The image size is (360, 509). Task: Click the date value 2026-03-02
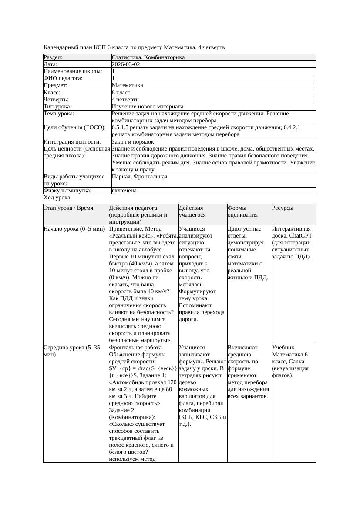pyautogui.click(x=126, y=64)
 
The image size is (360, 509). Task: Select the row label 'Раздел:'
pyautogui.click(x=53, y=57)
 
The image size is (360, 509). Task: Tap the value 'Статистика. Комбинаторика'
pyautogui.click(x=148, y=57)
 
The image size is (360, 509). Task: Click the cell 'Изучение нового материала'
pyautogui.click(x=147, y=107)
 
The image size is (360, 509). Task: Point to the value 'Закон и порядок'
pyautogui.click(x=132, y=142)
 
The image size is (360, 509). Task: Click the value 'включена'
pyautogui.click(x=124, y=191)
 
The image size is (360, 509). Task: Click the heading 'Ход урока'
pyautogui.click(x=57, y=198)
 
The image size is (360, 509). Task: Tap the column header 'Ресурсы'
pyautogui.click(x=283, y=208)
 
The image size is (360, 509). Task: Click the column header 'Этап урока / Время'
pyautogui.click(x=68, y=208)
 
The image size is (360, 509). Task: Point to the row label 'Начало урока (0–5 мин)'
pyautogui.click(x=74, y=228)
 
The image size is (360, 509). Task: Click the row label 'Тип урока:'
pyautogui.click(x=57, y=107)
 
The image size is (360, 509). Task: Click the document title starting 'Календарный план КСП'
pyautogui.click(x=134, y=47)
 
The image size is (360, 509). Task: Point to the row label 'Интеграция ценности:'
pyautogui.click(x=72, y=142)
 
